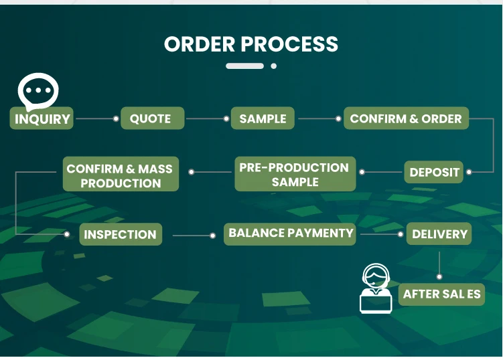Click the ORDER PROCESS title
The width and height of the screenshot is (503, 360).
point(251,44)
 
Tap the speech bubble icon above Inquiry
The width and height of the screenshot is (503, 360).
point(38,90)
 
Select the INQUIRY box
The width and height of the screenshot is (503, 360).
point(42,119)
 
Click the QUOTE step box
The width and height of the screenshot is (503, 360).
point(150,118)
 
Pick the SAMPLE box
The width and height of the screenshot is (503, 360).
point(263,118)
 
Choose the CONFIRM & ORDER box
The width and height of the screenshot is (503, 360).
point(406,118)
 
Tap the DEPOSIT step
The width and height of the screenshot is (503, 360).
point(435,172)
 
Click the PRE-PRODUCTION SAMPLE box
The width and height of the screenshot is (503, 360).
point(295,174)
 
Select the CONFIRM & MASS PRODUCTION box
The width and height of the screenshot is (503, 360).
point(121,175)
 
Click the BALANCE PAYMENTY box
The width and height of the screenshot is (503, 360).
point(291,234)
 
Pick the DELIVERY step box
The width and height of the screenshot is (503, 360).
point(439,234)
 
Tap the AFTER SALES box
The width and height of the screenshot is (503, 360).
point(442,294)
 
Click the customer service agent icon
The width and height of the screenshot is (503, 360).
point(376,289)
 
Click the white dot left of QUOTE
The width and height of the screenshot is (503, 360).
point(116,119)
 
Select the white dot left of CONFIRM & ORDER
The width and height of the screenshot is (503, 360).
point(339,119)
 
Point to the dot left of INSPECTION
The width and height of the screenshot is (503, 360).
point(68,234)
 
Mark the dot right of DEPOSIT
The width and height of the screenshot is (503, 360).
point(469,172)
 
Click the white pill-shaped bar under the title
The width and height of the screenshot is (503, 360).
point(244,66)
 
